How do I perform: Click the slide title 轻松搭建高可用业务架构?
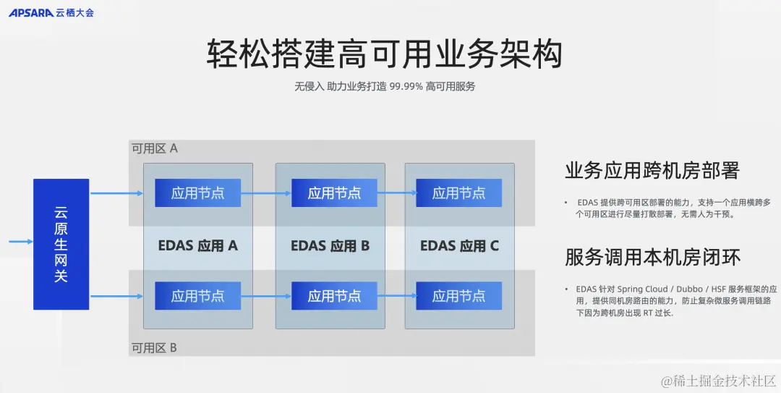pyautogui.click(x=384, y=54)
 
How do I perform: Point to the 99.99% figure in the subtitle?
pyautogui.click(x=406, y=86)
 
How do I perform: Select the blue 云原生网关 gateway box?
pyautogui.click(x=61, y=244)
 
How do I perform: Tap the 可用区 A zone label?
pyautogui.click(x=154, y=148)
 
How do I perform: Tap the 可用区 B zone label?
pyautogui.click(x=154, y=347)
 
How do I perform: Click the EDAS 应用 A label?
pyautogui.click(x=197, y=245)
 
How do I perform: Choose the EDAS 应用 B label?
pyautogui.click(x=330, y=245)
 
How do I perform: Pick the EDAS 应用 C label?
pyautogui.click(x=459, y=245)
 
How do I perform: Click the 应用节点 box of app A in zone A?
pyautogui.click(x=197, y=193)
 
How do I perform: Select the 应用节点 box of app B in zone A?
pyautogui.click(x=334, y=193)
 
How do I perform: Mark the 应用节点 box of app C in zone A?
pyautogui.click(x=458, y=193)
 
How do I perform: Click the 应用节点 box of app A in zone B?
pyautogui.click(x=197, y=296)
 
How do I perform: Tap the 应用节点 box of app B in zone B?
pyautogui.click(x=334, y=296)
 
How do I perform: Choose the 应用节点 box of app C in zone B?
pyautogui.click(x=458, y=296)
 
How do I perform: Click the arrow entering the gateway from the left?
pyautogui.click(x=20, y=241)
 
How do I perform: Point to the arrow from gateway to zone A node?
pyautogui.click(x=116, y=193)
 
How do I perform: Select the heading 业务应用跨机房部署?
pyautogui.click(x=652, y=171)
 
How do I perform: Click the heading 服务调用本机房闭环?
pyautogui.click(x=652, y=257)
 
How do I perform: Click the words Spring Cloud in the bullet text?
pyautogui.click(x=643, y=289)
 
